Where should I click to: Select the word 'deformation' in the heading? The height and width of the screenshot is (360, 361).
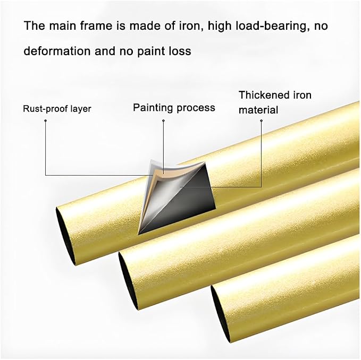57,51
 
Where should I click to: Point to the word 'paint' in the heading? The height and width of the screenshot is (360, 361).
150,52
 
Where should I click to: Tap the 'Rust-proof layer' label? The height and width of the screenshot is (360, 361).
57,109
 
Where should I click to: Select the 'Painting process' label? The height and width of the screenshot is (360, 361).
174,108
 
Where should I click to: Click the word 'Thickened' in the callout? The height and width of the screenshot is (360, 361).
264,95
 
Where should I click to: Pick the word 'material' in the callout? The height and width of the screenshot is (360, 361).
258,110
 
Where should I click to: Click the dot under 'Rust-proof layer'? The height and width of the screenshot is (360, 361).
46,121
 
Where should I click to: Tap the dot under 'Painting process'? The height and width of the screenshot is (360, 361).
163,121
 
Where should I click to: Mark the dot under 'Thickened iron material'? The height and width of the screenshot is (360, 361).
261,121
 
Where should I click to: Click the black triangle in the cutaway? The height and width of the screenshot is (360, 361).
184,209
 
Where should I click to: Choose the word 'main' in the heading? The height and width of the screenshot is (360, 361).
62,25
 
